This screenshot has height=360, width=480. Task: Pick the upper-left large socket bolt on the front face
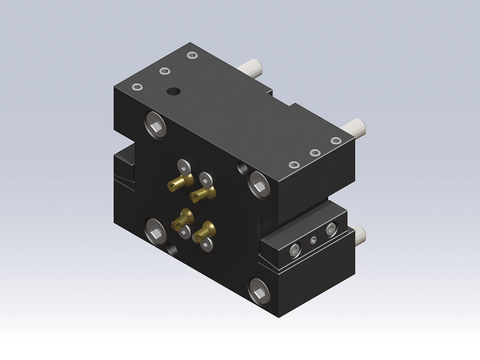click(154, 122)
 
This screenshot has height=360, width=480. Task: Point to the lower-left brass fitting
click(183, 219)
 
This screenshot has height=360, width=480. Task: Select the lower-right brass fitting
click(204, 232)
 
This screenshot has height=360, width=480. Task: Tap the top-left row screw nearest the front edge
click(141, 84)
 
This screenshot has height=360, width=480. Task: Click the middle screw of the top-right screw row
click(315, 153)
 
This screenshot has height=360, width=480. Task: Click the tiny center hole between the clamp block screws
click(314, 240)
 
